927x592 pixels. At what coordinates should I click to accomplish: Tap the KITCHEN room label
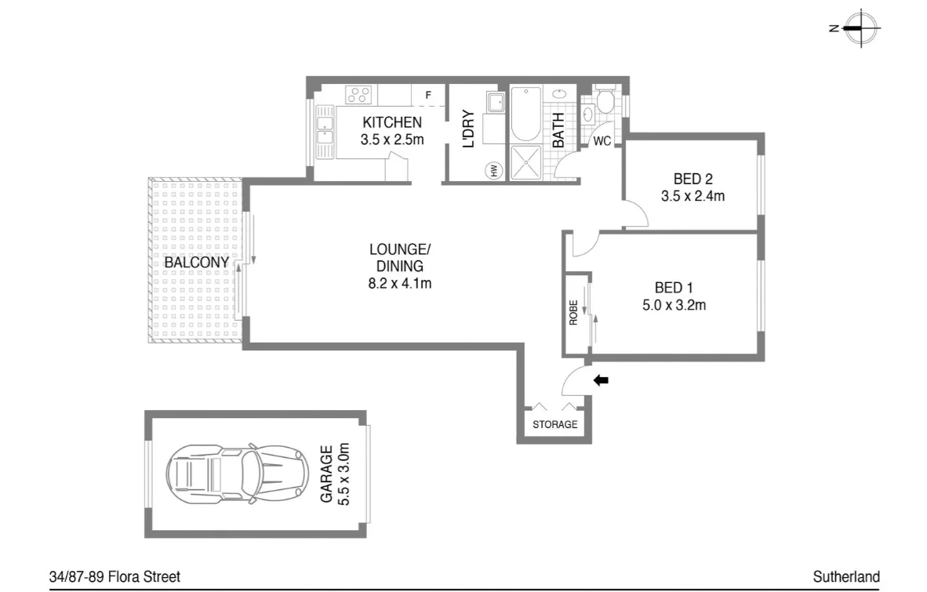tap(391, 122)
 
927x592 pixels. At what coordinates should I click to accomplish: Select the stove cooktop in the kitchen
tap(359, 96)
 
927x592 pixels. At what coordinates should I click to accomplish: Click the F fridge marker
tap(427, 96)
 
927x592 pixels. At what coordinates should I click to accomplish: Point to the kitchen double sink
tap(324, 130)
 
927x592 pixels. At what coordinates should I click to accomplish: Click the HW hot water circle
tap(495, 170)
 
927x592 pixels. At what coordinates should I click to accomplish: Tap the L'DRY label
tap(468, 130)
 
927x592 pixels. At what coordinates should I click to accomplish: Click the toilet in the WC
tap(605, 101)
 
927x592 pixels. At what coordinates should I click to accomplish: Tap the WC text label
tap(602, 142)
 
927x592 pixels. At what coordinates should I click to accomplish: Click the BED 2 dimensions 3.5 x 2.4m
tap(693, 196)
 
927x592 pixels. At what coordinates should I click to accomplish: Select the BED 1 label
tap(674, 287)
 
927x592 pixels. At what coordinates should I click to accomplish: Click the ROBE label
tap(574, 313)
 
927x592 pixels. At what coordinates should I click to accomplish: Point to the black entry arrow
tap(601, 381)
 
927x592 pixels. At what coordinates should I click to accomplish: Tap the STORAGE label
tap(554, 424)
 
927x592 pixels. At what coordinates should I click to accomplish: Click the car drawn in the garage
tap(235, 474)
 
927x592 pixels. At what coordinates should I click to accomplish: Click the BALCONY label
tap(196, 262)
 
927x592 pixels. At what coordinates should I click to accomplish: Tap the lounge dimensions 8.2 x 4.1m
tap(400, 283)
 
